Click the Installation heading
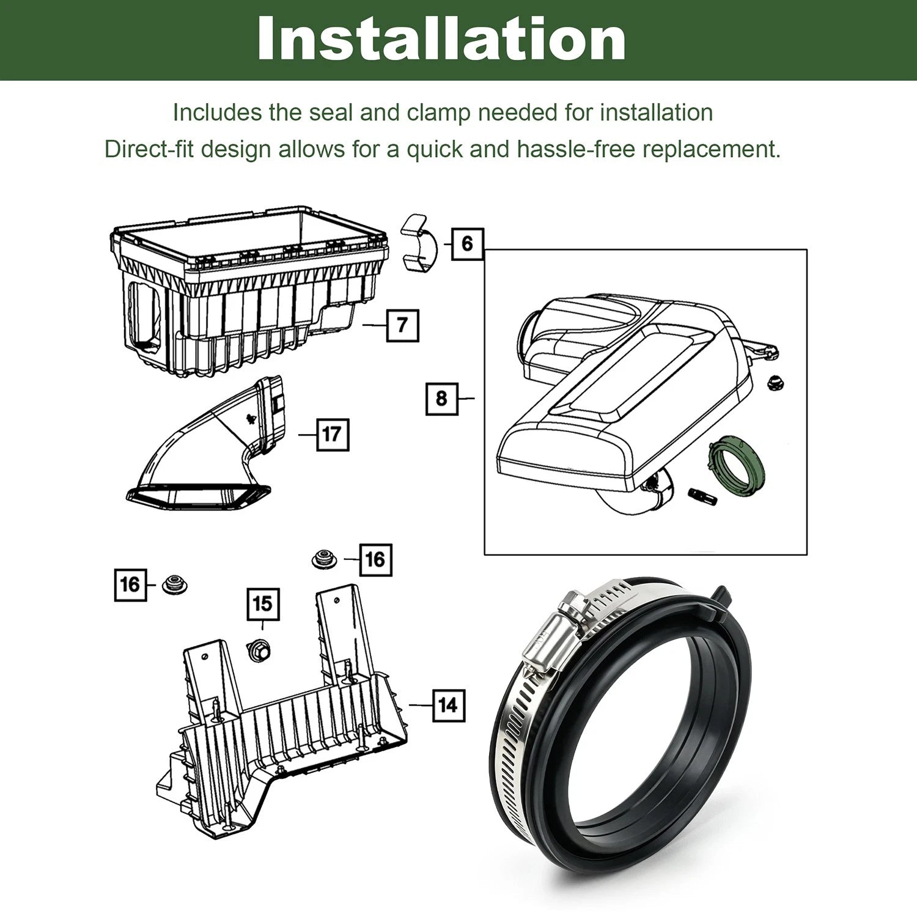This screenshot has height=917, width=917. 441,39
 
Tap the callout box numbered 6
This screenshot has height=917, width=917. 468,243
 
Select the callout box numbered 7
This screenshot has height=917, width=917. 403,325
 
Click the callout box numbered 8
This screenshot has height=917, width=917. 441,399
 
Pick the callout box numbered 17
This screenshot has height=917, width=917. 333,435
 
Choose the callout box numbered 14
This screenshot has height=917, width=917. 448,705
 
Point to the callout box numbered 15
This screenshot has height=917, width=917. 263,604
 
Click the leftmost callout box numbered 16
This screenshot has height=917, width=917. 131,584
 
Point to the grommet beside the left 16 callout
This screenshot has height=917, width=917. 174,584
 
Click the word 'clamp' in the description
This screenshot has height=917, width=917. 439,112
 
